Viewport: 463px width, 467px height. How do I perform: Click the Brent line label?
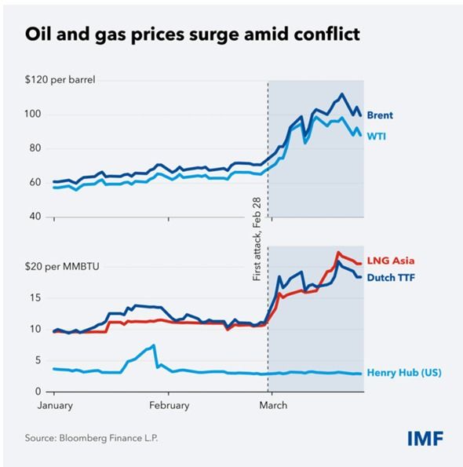380,115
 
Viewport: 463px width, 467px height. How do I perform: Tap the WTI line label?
377,136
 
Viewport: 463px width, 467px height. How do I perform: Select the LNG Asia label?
390,260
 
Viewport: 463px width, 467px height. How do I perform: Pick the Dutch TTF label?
392,277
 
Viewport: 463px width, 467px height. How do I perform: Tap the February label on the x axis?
169,405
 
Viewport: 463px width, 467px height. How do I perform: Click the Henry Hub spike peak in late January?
154,345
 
